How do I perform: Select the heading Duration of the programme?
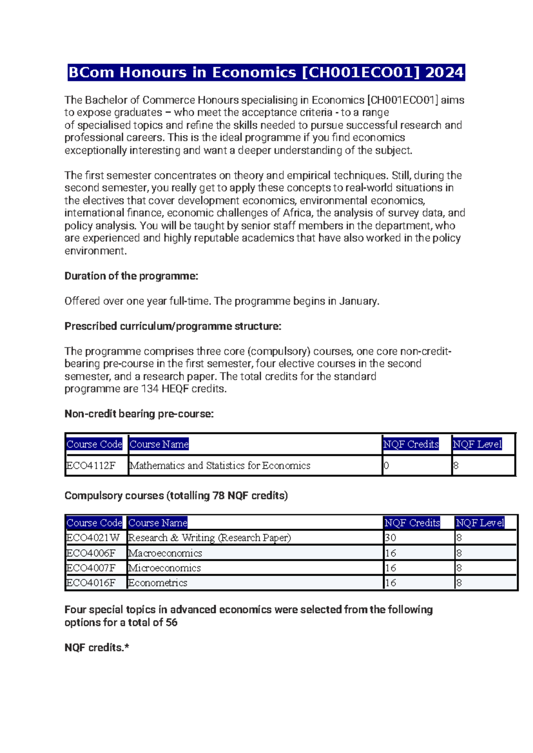pyautogui.click(x=131, y=276)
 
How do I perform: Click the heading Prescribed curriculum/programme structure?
pyautogui.click(x=173, y=326)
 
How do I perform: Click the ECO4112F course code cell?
pyautogui.click(x=91, y=466)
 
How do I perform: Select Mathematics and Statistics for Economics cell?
pyautogui.click(x=220, y=466)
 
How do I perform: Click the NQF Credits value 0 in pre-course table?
pyautogui.click(x=386, y=466)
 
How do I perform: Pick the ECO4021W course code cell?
pyautogui.click(x=93, y=538)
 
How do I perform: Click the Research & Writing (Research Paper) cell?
pyautogui.click(x=209, y=538)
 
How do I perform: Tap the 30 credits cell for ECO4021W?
pyautogui.click(x=390, y=538)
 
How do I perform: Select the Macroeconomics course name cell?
pyautogui.click(x=165, y=553)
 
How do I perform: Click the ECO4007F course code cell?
pyautogui.click(x=91, y=568)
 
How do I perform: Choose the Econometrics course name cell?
pyautogui.click(x=158, y=583)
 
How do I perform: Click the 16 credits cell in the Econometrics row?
pyautogui.click(x=390, y=583)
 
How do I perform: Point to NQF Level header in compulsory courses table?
pyautogui.click(x=480, y=523)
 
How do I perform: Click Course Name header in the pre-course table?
pyautogui.click(x=159, y=444)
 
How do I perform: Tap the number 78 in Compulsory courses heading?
pyautogui.click(x=218, y=496)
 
